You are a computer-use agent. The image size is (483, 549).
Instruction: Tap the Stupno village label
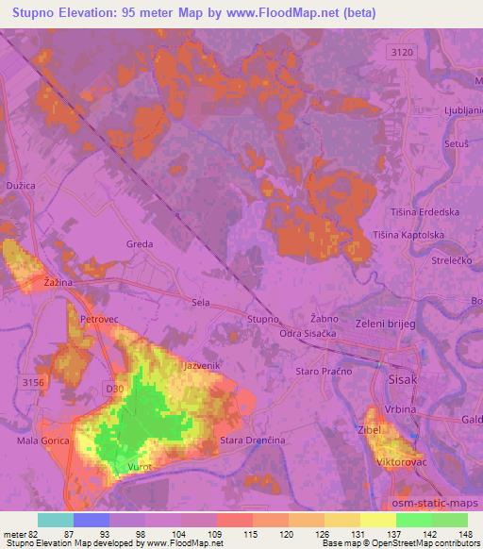pyautogui.click(x=263, y=319)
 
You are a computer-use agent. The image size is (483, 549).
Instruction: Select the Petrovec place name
pyautogui.click(x=98, y=320)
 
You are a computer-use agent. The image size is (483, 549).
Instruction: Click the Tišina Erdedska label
pyautogui.click(x=429, y=212)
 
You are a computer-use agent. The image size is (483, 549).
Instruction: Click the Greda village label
pyautogui.click(x=139, y=243)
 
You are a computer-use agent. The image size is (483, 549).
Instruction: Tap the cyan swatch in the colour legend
pyautogui.click(x=56, y=520)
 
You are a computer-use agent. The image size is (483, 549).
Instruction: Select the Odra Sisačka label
pyautogui.click(x=308, y=335)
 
